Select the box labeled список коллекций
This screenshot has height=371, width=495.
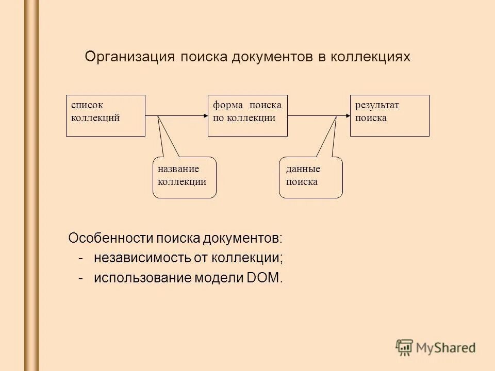(106, 115)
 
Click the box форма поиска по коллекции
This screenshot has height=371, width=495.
(247, 115)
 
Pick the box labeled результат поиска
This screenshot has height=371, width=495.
(389, 115)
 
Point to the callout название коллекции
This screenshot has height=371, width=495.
(185, 177)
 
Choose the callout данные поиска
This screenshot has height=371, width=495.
(310, 177)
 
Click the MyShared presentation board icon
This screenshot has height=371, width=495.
(405, 347)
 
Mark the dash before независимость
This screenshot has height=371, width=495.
(81, 258)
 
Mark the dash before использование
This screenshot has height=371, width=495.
(81, 278)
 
